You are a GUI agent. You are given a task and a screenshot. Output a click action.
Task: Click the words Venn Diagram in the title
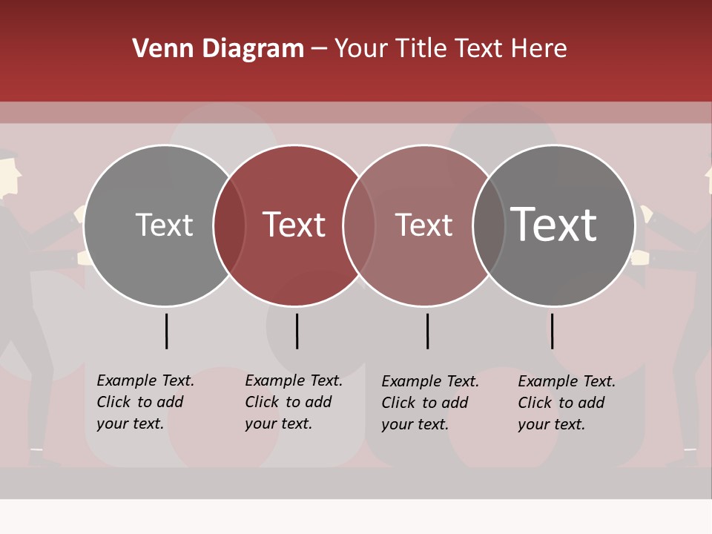(x=218, y=49)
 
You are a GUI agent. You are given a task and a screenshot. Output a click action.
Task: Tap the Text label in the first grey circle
(x=164, y=225)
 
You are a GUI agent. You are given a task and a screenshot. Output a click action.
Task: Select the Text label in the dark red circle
(x=294, y=225)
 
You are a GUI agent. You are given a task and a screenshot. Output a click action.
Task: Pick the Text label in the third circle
(x=423, y=225)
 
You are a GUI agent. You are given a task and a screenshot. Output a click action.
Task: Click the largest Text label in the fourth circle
(x=554, y=224)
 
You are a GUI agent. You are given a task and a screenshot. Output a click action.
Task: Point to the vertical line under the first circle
(x=166, y=331)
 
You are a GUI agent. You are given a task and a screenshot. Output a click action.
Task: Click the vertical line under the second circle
(x=297, y=331)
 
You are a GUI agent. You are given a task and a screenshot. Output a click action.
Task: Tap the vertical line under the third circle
(x=427, y=331)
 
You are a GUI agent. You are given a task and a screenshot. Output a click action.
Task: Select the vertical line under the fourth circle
(x=552, y=331)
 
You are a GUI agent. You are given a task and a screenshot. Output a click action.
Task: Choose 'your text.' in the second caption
(x=278, y=423)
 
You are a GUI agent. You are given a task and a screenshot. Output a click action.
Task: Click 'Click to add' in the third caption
(x=424, y=403)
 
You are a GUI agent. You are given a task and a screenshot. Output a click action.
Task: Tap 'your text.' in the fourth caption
(x=551, y=424)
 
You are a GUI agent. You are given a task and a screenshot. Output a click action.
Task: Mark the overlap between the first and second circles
(x=229, y=225)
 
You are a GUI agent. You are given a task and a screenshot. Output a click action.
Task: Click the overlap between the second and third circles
(x=359, y=225)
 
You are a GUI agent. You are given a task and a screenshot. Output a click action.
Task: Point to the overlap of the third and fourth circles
(x=489, y=225)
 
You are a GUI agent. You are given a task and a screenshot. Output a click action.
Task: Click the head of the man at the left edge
(x=7, y=174)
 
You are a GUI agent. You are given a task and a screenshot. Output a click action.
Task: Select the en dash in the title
(x=319, y=49)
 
